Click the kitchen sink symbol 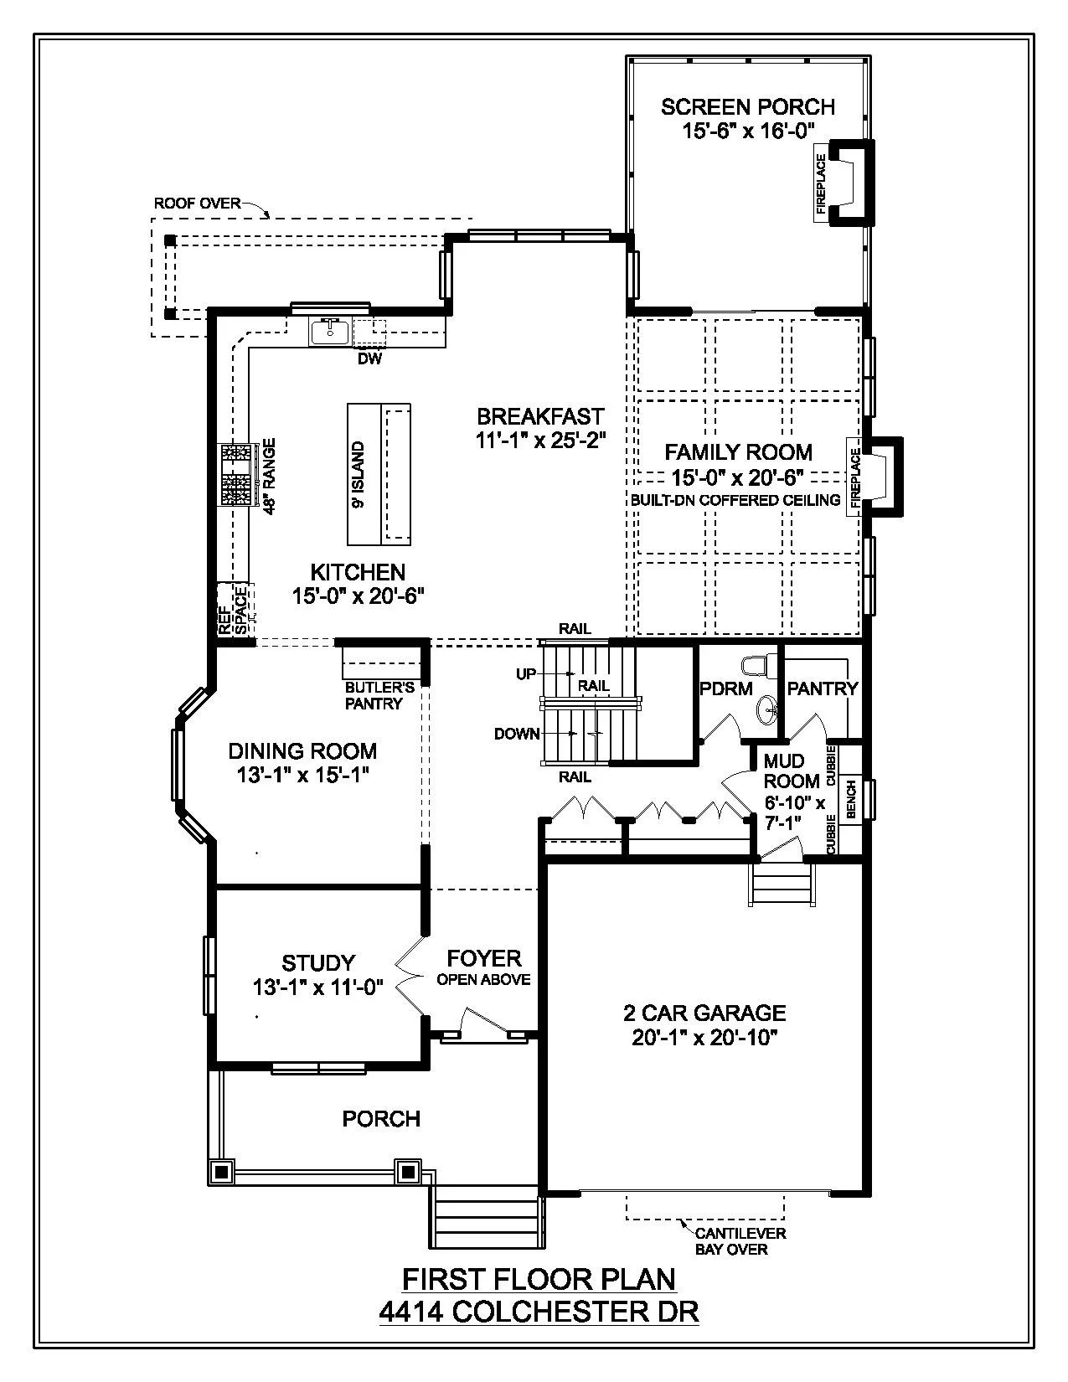pos(330,333)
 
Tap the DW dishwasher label pos(369,359)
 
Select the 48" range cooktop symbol pos(235,475)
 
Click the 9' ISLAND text pos(359,474)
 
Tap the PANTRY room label pos(822,688)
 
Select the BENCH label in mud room pos(851,798)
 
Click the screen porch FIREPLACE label pos(821,183)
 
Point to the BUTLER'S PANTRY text pos(379,696)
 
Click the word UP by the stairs pos(525,674)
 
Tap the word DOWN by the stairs pos(517,734)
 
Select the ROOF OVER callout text pos(197,204)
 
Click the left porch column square pos(222,1171)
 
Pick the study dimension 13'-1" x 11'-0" pos(317,988)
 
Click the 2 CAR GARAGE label pos(704,1013)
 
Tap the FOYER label pos(483,958)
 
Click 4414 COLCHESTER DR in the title pos(539,1312)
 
